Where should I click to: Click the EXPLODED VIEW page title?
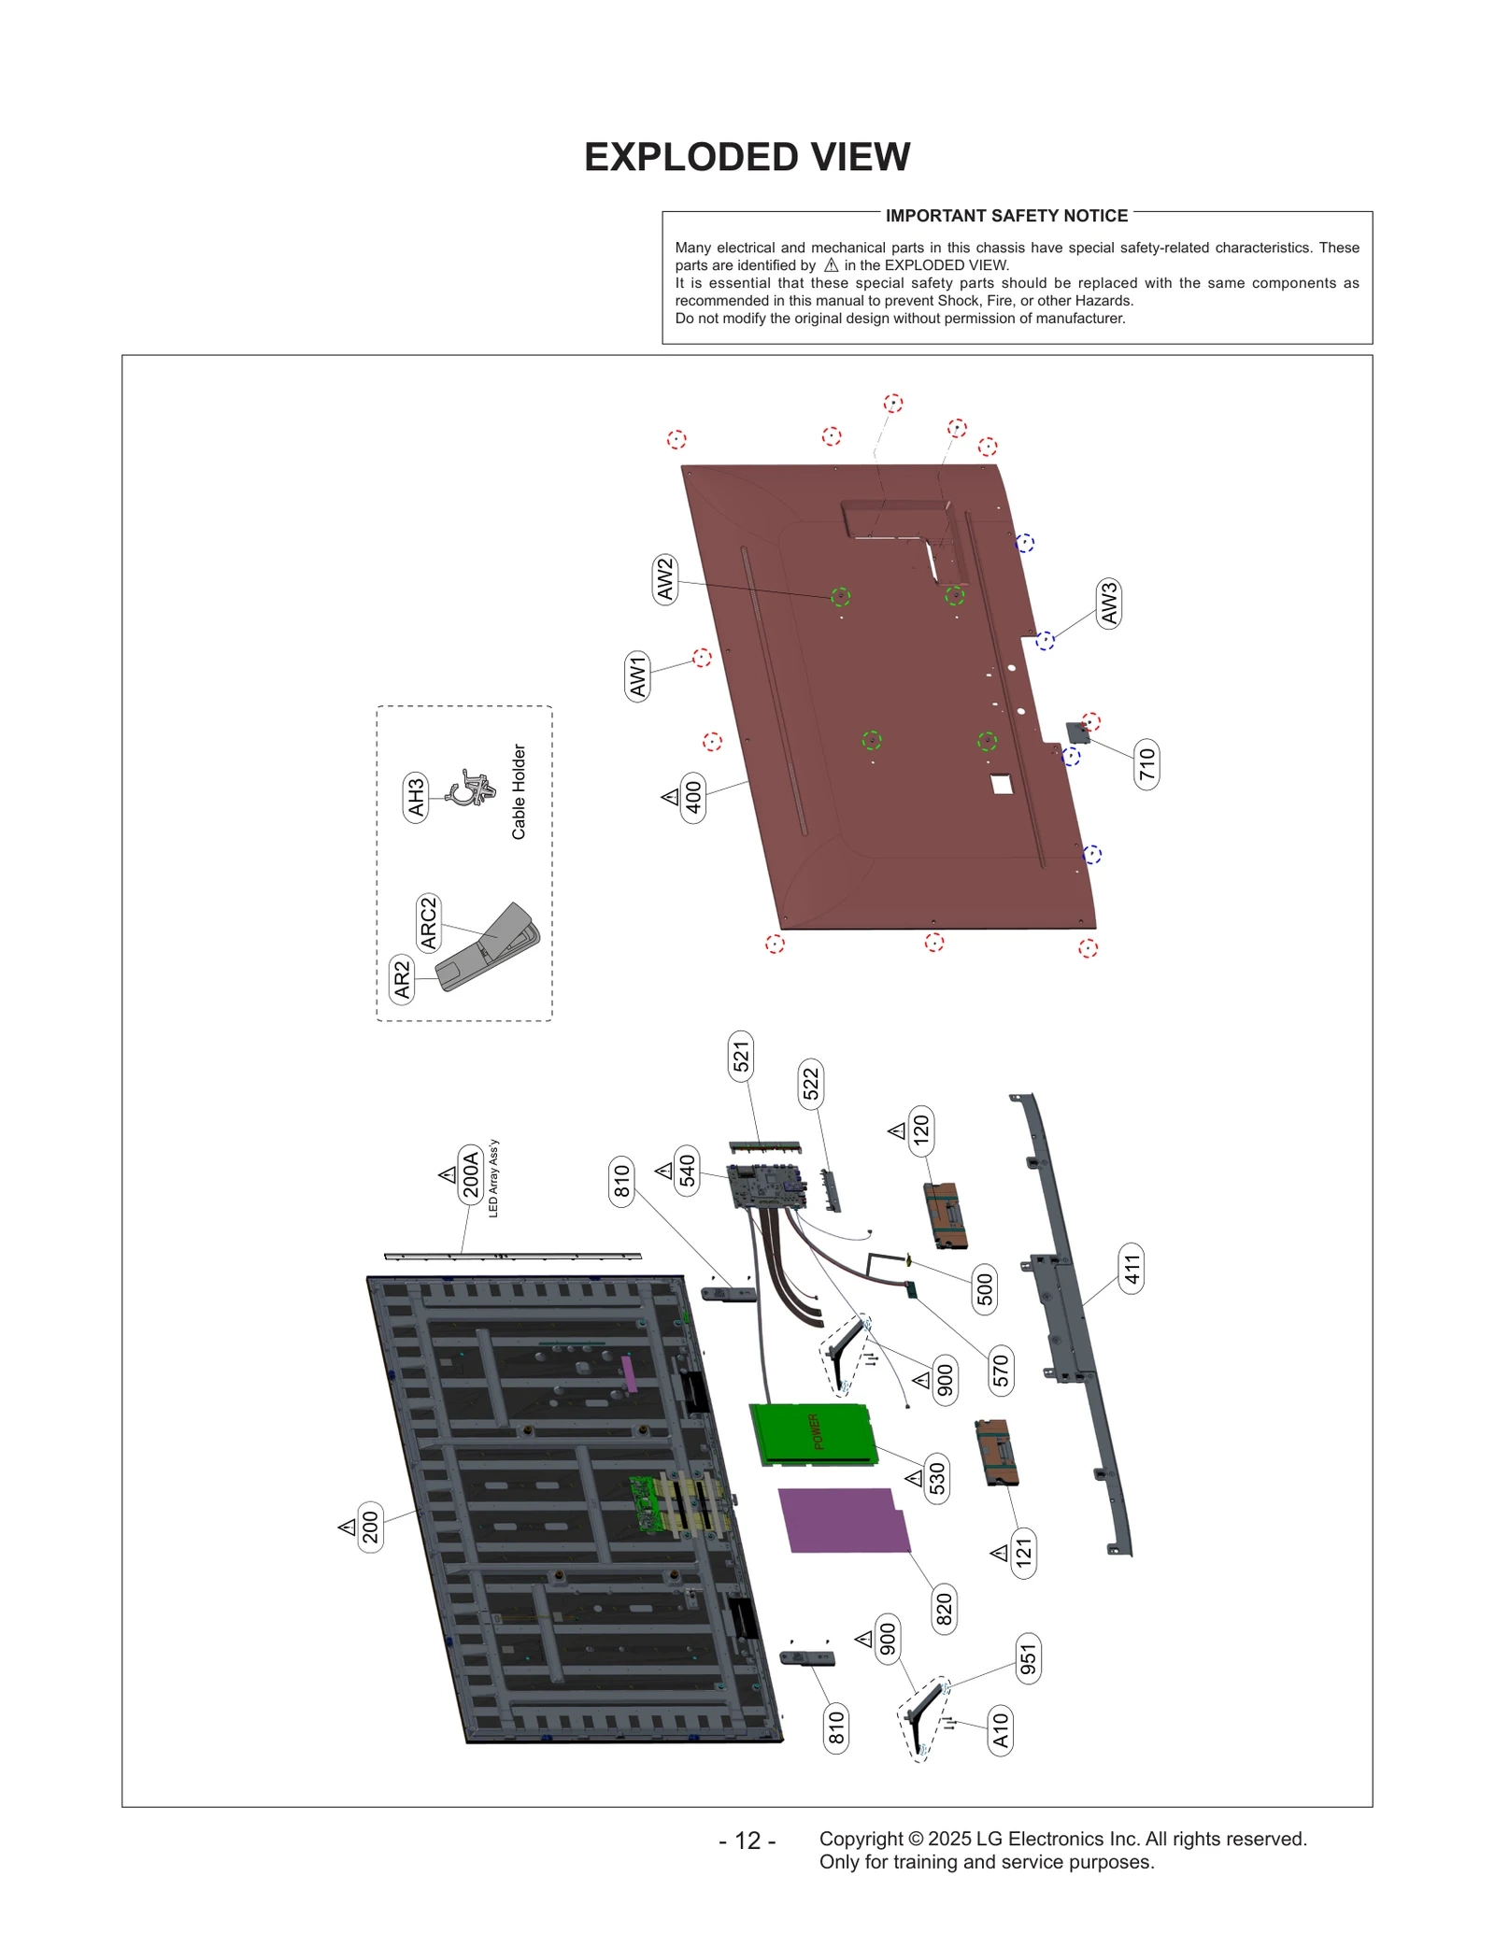[x=747, y=157]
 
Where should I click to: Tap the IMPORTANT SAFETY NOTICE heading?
[x=1006, y=216]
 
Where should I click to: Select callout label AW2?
[x=664, y=579]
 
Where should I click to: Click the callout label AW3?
[x=1108, y=604]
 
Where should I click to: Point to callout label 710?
[x=1146, y=764]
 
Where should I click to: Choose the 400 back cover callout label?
[x=692, y=797]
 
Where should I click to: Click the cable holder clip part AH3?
[x=472, y=789]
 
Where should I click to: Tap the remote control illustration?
[x=489, y=948]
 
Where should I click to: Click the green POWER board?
[x=812, y=1433]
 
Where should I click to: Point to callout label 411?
[x=1132, y=1269]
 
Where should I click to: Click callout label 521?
[x=741, y=1058]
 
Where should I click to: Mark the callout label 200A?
[x=470, y=1174]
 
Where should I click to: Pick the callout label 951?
[x=1028, y=1658]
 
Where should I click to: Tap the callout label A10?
[x=1000, y=1730]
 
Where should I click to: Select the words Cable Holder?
[x=519, y=791]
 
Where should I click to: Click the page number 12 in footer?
[x=747, y=1840]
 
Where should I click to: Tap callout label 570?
[x=1001, y=1371]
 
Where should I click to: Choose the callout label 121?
[x=1024, y=1553]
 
